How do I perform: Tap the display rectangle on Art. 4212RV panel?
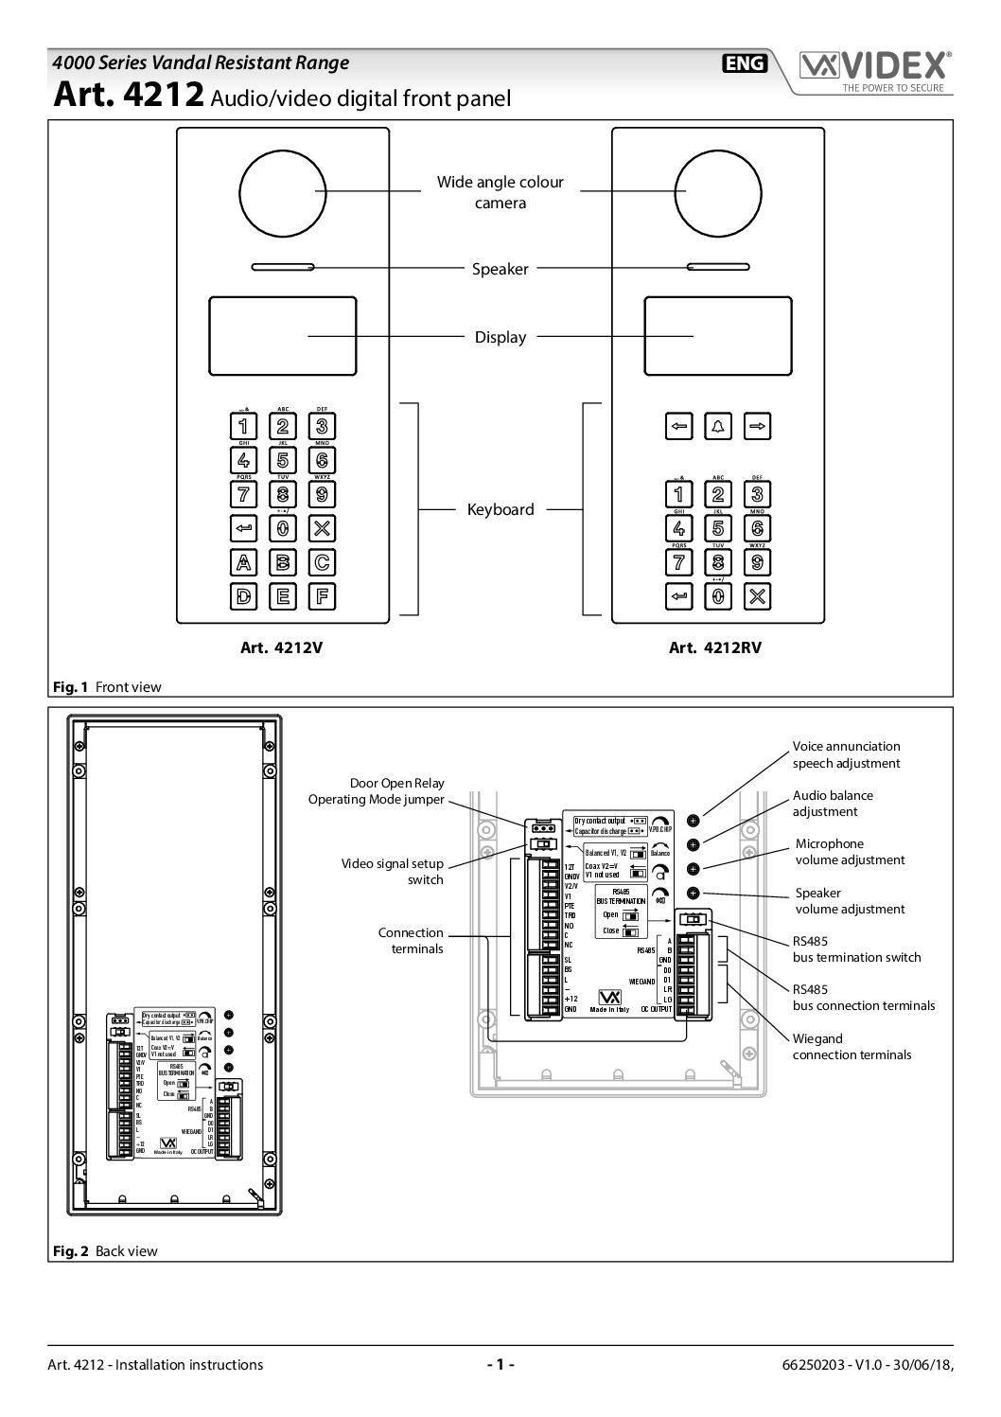[x=717, y=336]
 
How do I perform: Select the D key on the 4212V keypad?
[x=243, y=596]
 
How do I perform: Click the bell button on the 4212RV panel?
[x=717, y=426]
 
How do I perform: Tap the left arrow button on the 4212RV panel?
[x=677, y=426]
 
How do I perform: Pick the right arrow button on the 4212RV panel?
[x=757, y=426]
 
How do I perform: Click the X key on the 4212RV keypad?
[x=757, y=595]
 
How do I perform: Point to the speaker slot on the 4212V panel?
[x=283, y=267]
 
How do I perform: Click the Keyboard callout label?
[x=500, y=509]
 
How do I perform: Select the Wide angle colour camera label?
[x=500, y=191]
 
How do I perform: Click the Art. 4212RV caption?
[x=714, y=648]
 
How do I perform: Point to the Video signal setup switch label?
[x=392, y=872]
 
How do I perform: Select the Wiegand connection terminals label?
[x=852, y=1046]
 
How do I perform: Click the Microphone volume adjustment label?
[x=849, y=852]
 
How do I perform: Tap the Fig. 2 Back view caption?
[x=104, y=1251]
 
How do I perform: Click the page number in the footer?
[x=500, y=1365]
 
